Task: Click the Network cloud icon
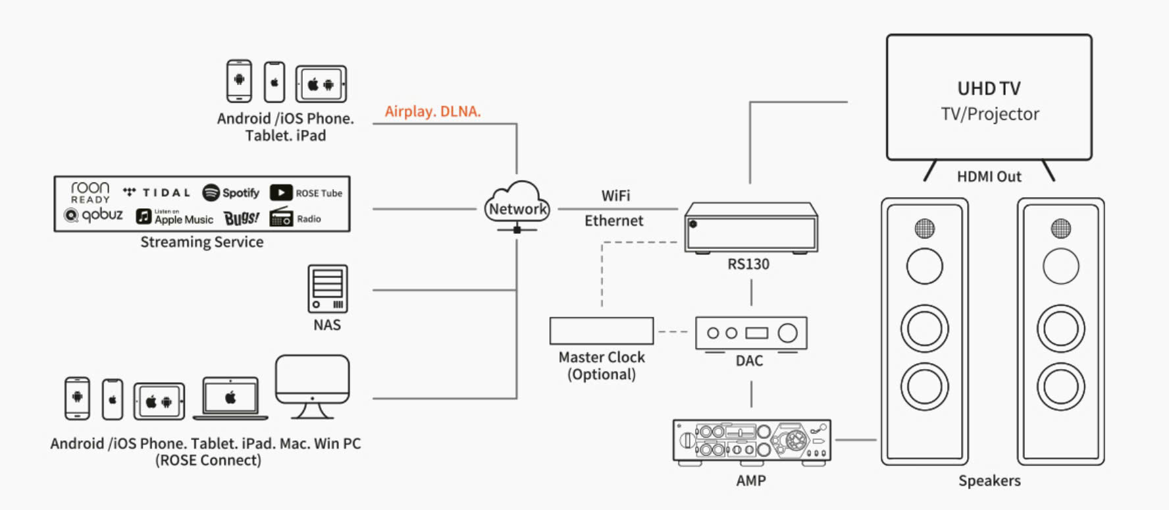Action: coord(517,204)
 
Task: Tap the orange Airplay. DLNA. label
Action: coord(432,111)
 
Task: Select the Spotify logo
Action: coord(231,192)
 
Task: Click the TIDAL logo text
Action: coord(166,193)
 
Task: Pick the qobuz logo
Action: coord(93,215)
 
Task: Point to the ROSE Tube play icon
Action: coord(281,192)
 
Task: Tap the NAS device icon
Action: coord(327,289)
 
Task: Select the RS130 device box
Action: coord(751,228)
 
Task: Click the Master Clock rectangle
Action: coord(601,331)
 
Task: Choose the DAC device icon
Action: coord(751,333)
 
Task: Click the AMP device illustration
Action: coord(751,441)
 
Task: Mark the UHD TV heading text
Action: coord(989,88)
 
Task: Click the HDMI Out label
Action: coord(989,177)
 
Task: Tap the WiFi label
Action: coord(615,196)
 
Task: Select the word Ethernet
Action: coord(613,221)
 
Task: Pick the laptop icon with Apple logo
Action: coord(230,398)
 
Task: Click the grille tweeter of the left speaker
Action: coord(924,229)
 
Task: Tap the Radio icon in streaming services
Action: coord(281,217)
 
